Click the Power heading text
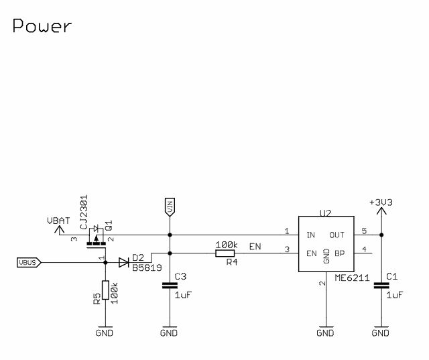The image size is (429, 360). click(x=42, y=27)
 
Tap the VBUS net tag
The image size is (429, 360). click(x=29, y=262)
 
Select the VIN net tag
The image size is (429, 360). click(x=169, y=207)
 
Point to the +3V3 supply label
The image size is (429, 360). click(x=381, y=202)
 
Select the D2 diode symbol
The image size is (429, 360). click(x=123, y=263)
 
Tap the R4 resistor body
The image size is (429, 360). click(x=225, y=253)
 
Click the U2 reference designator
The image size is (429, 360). click(x=326, y=214)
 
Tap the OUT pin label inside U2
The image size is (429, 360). click(x=336, y=235)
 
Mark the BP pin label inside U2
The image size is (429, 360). click(x=339, y=253)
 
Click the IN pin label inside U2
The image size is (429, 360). click(x=310, y=235)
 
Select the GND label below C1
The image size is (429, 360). click(x=381, y=333)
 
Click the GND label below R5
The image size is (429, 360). click(x=105, y=333)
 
